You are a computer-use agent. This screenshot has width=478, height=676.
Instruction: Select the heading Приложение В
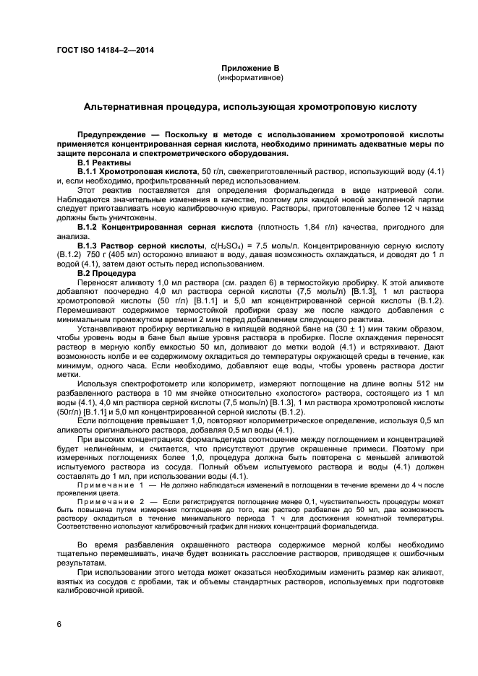250,67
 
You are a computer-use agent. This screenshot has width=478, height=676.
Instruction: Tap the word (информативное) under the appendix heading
250,77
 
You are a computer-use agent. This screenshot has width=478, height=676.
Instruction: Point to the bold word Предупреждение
112,135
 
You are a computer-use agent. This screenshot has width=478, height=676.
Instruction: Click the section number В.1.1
87,172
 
